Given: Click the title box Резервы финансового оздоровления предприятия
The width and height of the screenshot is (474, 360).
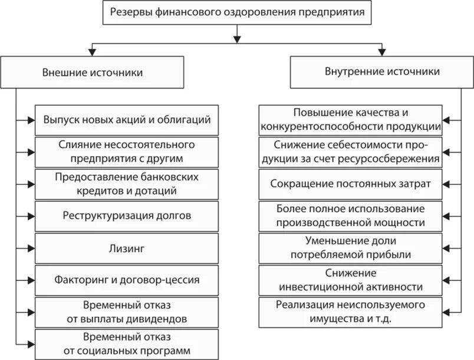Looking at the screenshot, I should point(237,12).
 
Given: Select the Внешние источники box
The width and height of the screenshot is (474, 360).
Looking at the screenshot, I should point(92,73).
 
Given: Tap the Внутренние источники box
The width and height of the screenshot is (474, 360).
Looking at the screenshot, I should point(382,71).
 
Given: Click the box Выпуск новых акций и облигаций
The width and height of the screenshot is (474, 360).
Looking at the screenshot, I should point(127,120).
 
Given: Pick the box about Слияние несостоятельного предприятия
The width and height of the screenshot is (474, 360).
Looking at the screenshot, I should point(127,152).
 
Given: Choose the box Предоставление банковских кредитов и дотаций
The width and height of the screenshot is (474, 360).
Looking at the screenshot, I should point(127,184).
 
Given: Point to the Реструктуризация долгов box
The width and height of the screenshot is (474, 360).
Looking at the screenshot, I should point(127,216).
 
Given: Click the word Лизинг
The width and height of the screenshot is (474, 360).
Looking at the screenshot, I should point(127,248).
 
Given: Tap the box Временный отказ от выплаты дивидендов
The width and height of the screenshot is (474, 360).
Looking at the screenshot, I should point(127,313).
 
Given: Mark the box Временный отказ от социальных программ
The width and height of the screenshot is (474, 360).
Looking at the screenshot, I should point(127,345).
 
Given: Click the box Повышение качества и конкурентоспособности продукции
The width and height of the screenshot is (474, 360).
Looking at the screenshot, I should point(350,120).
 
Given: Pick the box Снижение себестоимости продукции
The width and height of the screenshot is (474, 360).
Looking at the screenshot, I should point(350,152).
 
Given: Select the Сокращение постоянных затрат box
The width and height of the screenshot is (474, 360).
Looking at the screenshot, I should point(350,184).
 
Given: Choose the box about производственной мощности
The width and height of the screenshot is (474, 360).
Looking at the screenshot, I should point(350,216).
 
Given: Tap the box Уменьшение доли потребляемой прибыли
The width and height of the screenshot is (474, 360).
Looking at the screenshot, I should point(350,248).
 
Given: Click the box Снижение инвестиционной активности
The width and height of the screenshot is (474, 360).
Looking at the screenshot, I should point(350,281).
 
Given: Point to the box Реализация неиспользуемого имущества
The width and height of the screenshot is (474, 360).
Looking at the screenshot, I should point(350,312).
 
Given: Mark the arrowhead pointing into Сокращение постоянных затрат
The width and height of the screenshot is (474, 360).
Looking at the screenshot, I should point(446,184).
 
